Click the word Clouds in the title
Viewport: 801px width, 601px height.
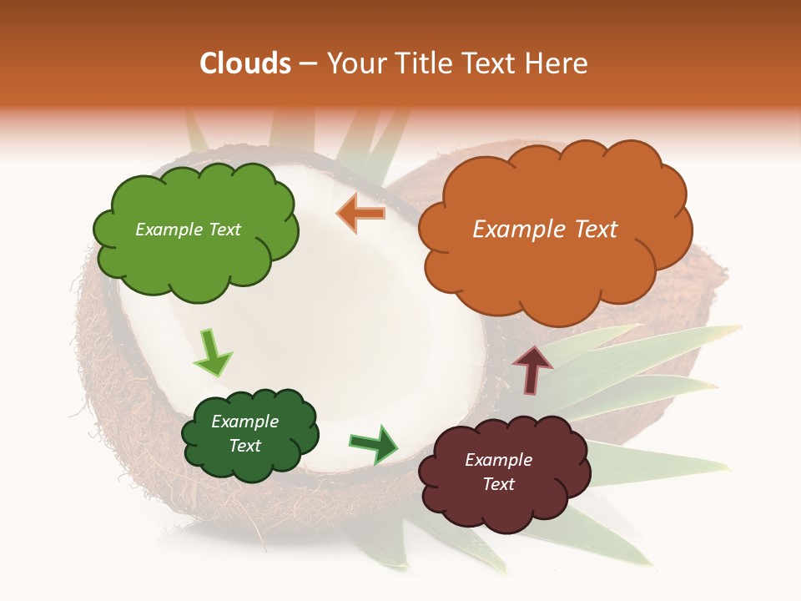point(245,63)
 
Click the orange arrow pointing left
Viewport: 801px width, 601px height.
point(361,213)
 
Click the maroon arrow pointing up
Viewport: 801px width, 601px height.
point(532,369)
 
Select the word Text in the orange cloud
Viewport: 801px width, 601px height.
point(596,230)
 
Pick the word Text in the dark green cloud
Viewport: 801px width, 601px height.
point(245,446)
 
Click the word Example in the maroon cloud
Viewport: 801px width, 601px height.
point(498,460)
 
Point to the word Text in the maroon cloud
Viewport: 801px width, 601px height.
point(498,484)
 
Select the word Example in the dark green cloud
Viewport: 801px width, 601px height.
point(245,422)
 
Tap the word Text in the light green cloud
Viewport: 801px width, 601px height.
point(224,230)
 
